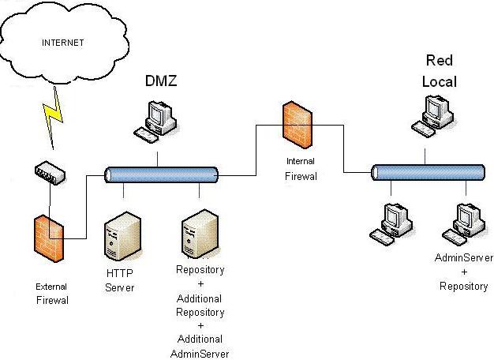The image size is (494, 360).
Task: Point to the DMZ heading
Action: [x=163, y=81]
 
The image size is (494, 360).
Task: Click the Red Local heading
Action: [x=440, y=71]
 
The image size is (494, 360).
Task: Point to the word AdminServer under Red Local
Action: [x=464, y=258]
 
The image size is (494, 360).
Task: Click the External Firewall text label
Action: [x=52, y=293]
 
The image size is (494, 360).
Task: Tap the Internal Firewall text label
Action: [x=301, y=169]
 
